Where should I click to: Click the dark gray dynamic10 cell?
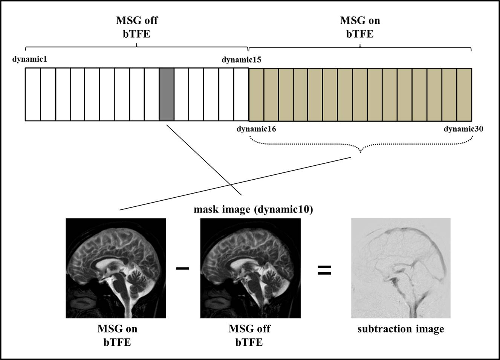(167, 94)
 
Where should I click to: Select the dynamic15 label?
(242, 60)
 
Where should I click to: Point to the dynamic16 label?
(256, 129)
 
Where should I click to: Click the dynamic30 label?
(463, 129)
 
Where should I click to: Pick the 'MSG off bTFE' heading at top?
(136, 27)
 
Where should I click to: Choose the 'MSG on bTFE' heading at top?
(360, 27)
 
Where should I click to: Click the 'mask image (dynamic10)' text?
(253, 209)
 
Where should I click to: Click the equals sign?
(324, 270)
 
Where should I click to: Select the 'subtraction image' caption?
(401, 329)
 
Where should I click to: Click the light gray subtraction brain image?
(401, 268)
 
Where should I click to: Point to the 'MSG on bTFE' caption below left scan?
(117, 335)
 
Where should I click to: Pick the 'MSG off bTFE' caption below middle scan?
(249, 335)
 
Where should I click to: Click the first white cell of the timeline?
(33, 94)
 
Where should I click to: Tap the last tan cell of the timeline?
(464, 94)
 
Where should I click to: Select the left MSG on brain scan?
(116, 268)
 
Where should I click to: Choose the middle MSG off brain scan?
(250, 268)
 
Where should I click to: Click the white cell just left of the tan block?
(241, 94)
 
